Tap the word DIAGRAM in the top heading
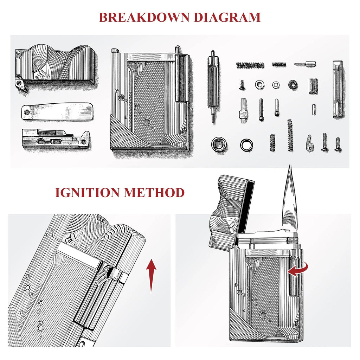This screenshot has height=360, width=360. pyautogui.click(x=225, y=17)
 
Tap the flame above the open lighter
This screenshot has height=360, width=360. pyautogui.click(x=290, y=197)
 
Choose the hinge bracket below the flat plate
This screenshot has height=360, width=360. pyautogui.click(x=55, y=139)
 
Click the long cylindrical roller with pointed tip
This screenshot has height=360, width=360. pyautogui.click(x=213, y=86)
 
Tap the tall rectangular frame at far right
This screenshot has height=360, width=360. pyautogui.click(x=337, y=89)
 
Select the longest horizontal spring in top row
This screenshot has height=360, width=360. pyautogui.click(x=250, y=65)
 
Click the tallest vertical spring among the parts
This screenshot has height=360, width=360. pyautogui.click(x=290, y=135)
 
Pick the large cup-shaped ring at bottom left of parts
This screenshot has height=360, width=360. pyautogui.click(x=219, y=144)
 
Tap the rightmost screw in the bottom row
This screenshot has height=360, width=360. pyautogui.click(x=337, y=144)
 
